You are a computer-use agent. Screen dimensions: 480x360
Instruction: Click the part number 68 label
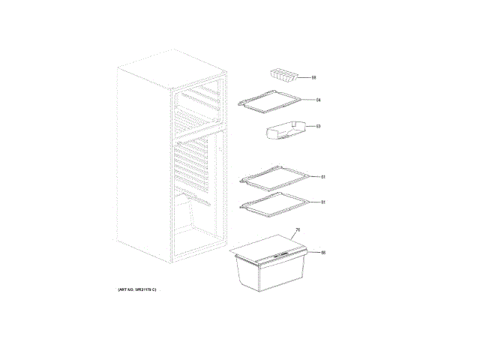pyautogui.click(x=314, y=77)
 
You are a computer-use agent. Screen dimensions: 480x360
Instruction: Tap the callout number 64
pyautogui.click(x=318, y=100)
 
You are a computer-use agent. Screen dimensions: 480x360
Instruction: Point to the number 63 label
pyautogui.click(x=318, y=126)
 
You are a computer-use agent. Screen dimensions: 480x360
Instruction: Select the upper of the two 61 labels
pyautogui.click(x=322, y=177)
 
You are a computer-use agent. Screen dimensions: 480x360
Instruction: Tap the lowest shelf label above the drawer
pyautogui.click(x=322, y=202)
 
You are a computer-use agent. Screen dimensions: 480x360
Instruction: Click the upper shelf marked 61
pyautogui.click(x=274, y=177)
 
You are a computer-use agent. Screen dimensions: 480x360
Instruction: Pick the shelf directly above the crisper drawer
pyautogui.click(x=274, y=203)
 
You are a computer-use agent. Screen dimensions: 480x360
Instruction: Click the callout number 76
pyautogui.click(x=298, y=230)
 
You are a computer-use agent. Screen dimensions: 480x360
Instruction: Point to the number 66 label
pyautogui.click(x=323, y=253)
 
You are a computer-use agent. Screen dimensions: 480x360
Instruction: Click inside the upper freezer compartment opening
pyautogui.click(x=199, y=109)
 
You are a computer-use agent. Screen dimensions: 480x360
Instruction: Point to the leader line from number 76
pyautogui.click(x=294, y=238)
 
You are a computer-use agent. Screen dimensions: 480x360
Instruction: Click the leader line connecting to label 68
pyautogui.click(x=305, y=77)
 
